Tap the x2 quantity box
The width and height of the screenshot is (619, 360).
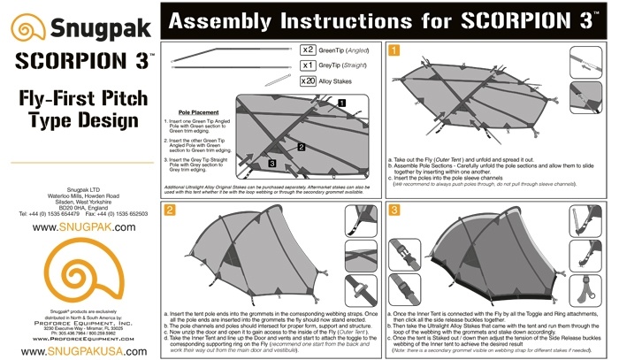click(x=309, y=50)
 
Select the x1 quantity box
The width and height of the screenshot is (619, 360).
click(x=309, y=65)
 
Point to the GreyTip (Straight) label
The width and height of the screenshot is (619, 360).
click(x=350, y=65)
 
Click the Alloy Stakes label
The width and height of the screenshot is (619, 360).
click(x=342, y=81)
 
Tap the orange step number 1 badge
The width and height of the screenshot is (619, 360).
click(x=394, y=50)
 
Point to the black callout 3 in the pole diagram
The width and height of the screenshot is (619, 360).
click(x=271, y=164)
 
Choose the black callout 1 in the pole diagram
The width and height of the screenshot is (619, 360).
click(x=341, y=103)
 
